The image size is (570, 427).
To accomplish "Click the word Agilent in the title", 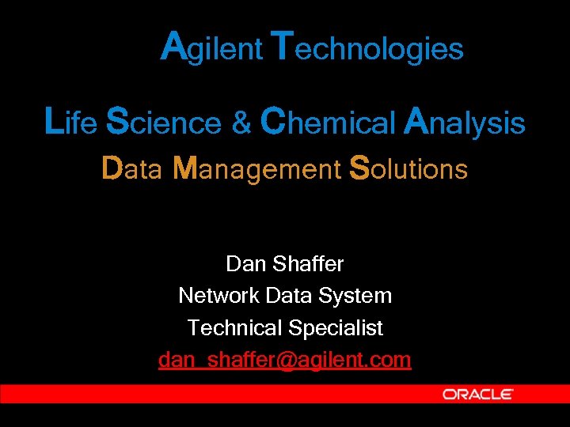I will pos(211,47).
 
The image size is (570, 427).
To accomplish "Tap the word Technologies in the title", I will pos(367,47).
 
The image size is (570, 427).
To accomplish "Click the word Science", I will pos(164,123).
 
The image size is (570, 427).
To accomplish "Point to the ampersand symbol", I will pos(241,123).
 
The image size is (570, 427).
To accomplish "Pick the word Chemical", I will pos(328,123).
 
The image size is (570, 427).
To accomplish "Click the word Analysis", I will pos(464,123).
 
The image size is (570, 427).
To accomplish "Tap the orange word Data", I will pos(131,168).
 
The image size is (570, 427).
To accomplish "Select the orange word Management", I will pos(256,169).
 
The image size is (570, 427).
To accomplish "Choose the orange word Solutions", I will pos(408,168).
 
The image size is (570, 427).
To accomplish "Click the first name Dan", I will pos(244,263).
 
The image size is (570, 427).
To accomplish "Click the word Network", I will pos(218,296).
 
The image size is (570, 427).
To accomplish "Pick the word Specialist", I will pos(336,327).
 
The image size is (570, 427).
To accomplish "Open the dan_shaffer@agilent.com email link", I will pos(285,360).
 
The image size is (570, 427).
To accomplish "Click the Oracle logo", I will pos(477,394).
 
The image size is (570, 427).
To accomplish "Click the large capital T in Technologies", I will pos(283,46).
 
